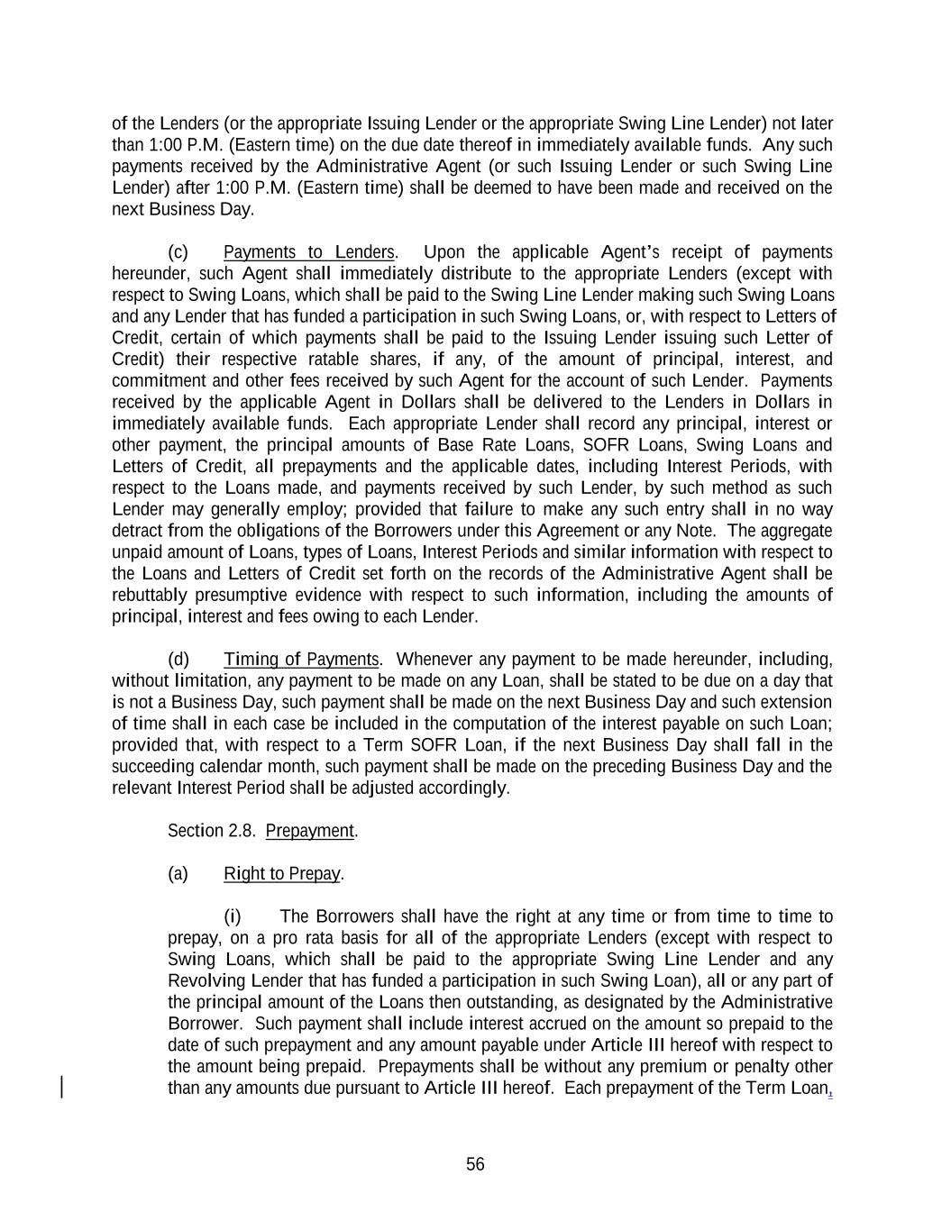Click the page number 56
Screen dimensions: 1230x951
[x=475, y=1164]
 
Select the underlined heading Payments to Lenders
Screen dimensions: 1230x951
[x=308, y=252]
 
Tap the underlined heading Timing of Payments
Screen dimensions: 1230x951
[x=301, y=660]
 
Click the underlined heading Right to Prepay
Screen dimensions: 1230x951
[x=281, y=874]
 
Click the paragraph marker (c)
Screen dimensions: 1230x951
[x=178, y=252]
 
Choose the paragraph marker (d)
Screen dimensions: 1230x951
[x=178, y=660]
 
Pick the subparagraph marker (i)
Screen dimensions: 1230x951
[x=233, y=917]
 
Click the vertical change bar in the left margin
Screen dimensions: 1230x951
[x=61, y=1087]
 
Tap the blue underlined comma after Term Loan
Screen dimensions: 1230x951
[x=830, y=1091]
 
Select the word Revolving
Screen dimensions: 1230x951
[x=201, y=981]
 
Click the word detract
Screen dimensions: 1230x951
[x=137, y=532]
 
